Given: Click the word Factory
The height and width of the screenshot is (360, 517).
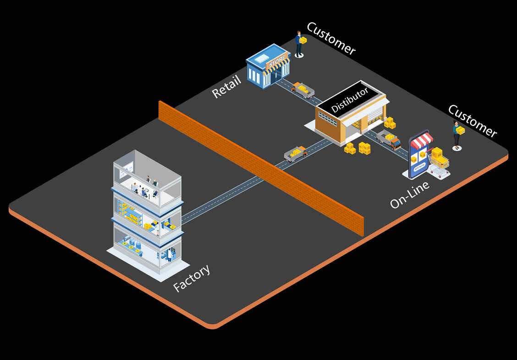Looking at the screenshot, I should [192, 278].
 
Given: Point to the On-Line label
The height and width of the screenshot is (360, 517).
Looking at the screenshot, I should [410, 195].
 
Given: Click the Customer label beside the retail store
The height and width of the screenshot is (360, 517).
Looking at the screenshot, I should [331, 38].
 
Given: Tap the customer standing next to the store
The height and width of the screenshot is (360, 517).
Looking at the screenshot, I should [299, 44].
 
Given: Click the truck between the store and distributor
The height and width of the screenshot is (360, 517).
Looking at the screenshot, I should [303, 89].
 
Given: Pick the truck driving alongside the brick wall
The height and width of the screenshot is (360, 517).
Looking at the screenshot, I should [296, 153].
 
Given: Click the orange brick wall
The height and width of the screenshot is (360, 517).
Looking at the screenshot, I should [261, 167].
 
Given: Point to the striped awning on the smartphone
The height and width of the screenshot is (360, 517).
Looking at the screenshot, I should [422, 140].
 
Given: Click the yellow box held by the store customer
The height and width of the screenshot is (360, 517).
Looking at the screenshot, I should [303, 40].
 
